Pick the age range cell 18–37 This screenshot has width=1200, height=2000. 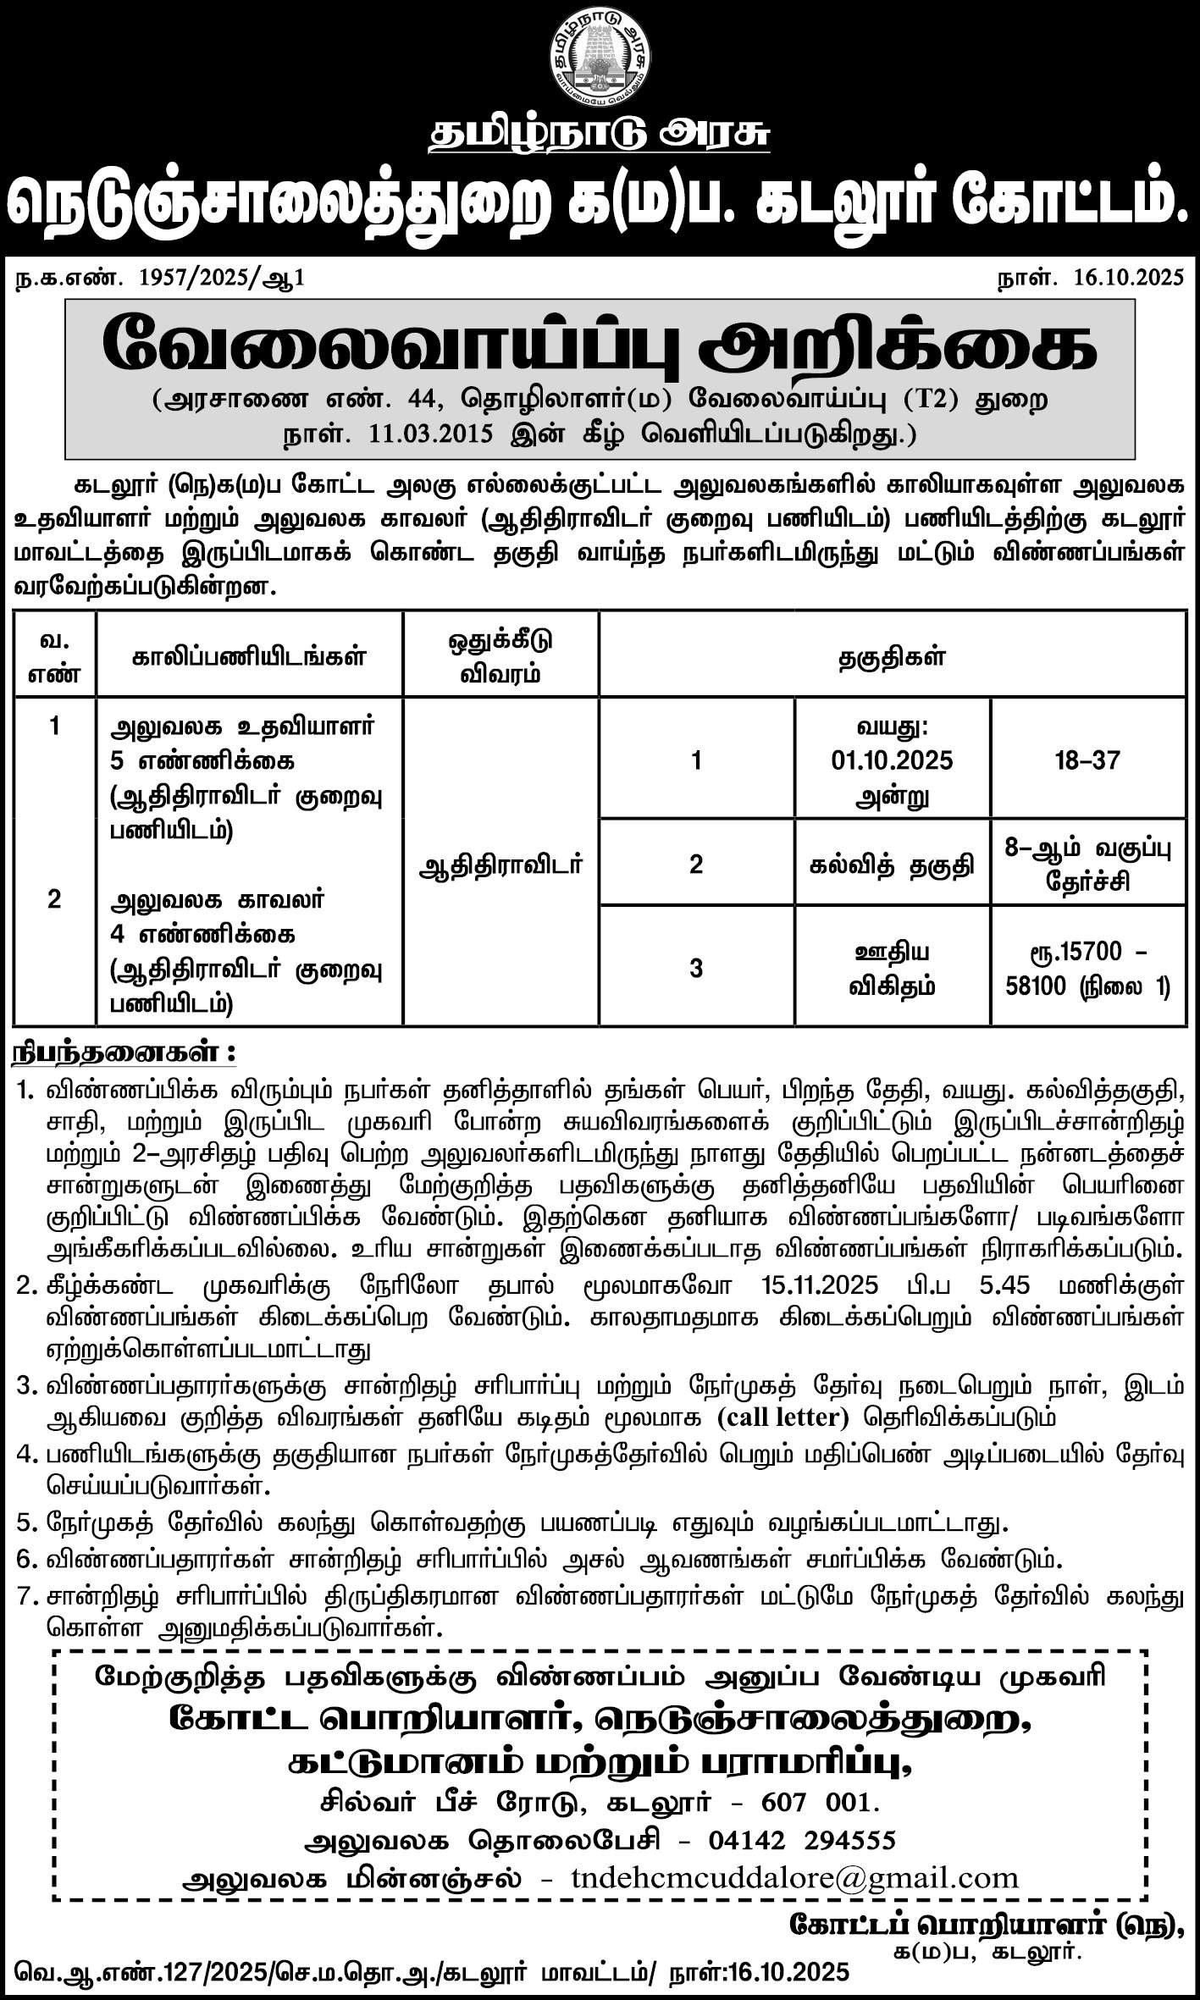coord(1087,760)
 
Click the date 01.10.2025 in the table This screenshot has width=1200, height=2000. coord(892,760)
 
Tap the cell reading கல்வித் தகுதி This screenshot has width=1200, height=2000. coord(892,865)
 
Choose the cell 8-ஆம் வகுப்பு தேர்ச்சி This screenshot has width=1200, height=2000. coord(1087,865)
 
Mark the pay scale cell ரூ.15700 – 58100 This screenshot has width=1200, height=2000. coord(1087,968)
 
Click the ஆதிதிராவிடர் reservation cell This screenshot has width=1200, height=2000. coord(500,865)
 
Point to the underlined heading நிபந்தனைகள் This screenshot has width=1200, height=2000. coord(122,1054)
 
